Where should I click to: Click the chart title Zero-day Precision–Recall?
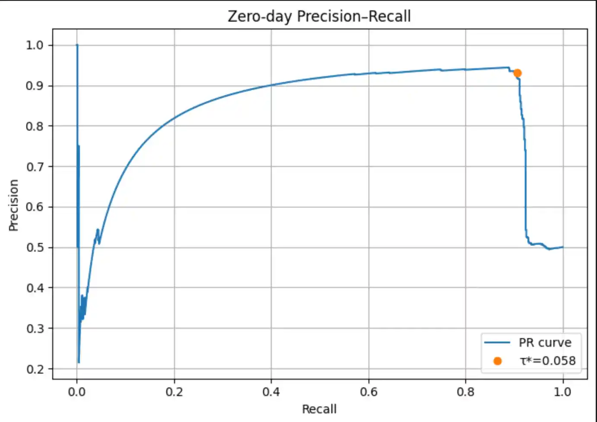319,16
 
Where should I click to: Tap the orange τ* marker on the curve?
517,73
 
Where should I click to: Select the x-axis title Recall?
319,409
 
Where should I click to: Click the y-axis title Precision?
14,205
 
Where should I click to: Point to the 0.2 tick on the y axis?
35,369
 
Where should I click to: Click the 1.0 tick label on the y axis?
35,45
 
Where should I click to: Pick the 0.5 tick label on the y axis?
35,248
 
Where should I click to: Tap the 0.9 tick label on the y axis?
35,86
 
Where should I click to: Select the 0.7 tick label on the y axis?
35,167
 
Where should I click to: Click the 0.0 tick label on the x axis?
77,392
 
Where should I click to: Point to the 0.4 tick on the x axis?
271,392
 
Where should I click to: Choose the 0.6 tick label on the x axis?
368,392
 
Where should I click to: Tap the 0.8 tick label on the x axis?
466,392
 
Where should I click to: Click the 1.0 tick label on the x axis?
562,392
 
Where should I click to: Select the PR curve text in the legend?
545,342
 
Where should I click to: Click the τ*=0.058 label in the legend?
548,361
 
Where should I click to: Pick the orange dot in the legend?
497,361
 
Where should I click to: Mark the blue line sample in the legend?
497,342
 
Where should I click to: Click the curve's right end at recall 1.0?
562,247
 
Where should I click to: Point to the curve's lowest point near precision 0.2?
79,362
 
